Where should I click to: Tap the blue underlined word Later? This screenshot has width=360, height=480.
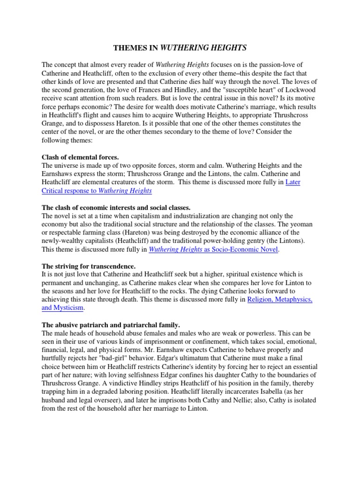(x=293, y=182)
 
